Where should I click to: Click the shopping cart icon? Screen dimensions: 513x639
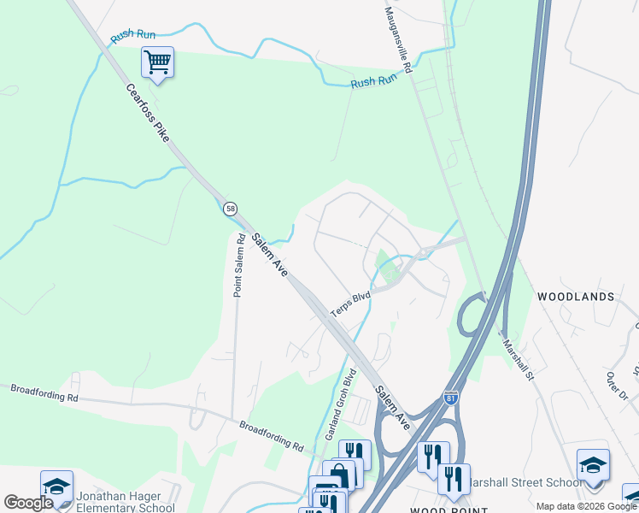157,62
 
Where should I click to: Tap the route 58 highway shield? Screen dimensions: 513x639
230,209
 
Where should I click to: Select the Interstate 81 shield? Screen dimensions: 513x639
451,398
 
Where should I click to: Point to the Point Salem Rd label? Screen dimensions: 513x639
239,265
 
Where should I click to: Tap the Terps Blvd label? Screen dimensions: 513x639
350,304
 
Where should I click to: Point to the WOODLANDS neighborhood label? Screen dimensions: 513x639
575,297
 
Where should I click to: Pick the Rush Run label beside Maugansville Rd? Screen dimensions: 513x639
374,81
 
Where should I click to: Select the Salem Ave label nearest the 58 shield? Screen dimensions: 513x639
267,255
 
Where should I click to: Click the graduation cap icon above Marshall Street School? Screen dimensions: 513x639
592,465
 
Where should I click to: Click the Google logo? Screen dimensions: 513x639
27,503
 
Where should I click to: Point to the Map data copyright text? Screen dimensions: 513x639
586,506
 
